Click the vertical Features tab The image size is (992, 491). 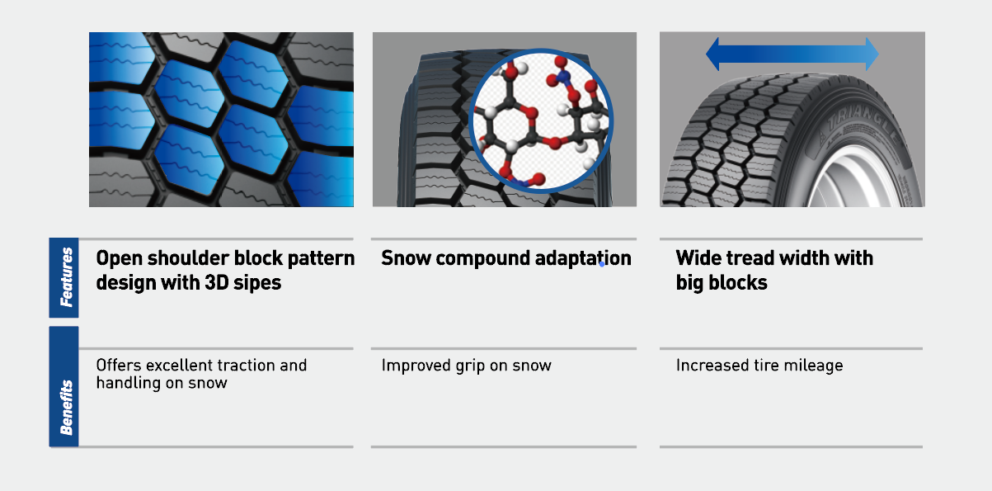pyautogui.click(x=63, y=278)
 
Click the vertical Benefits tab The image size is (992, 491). pyautogui.click(x=63, y=386)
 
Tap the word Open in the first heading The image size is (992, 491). pyautogui.click(x=119, y=259)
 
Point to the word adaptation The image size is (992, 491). pyautogui.click(x=583, y=259)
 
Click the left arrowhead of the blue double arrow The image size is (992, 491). pyautogui.click(x=712, y=54)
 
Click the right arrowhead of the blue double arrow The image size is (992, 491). pyautogui.click(x=872, y=54)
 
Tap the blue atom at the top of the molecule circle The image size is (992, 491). pyautogui.click(x=563, y=77)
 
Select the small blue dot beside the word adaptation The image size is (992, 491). pyautogui.click(x=602, y=264)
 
